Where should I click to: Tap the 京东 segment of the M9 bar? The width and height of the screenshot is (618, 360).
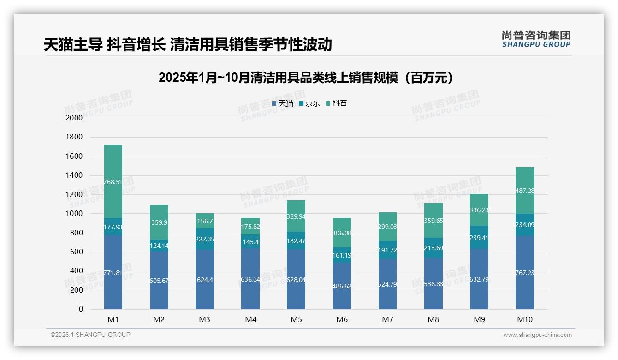pyautogui.click(x=479, y=238)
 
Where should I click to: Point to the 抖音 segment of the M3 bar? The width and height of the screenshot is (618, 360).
pyautogui.click(x=204, y=221)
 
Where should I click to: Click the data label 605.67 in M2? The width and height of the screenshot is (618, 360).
pyautogui.click(x=159, y=280)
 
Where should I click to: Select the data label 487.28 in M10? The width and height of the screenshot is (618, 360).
pyautogui.click(x=524, y=191)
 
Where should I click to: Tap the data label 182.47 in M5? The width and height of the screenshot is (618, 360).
pyautogui.click(x=296, y=241)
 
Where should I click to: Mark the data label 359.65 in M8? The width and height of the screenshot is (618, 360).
pyautogui.click(x=433, y=221)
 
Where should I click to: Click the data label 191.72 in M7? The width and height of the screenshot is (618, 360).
pyautogui.click(x=387, y=250)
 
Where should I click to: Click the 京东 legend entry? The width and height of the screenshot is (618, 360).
pyautogui.click(x=309, y=103)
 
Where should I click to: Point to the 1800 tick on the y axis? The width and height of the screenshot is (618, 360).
pyautogui.click(x=74, y=137)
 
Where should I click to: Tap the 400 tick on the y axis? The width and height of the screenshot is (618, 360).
pyautogui.click(x=77, y=271)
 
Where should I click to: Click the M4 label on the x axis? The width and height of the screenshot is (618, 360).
pyautogui.click(x=250, y=319)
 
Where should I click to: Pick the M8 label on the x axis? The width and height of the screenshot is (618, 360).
pyautogui.click(x=433, y=319)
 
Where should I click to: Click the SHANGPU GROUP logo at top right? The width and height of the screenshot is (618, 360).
pyautogui.click(x=536, y=39)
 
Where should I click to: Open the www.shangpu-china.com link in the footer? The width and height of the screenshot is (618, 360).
pyautogui.click(x=537, y=335)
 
